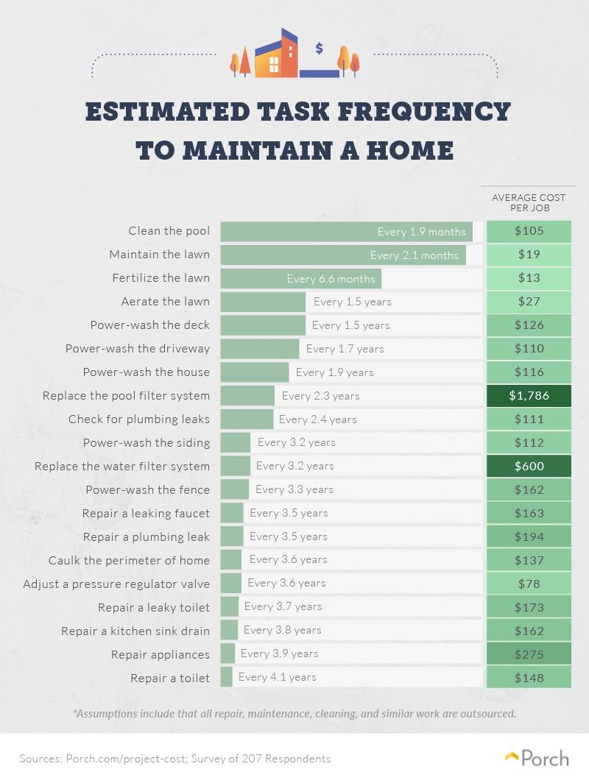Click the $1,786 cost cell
pos(528,396)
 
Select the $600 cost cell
pos(528,467)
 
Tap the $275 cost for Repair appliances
pos(528,654)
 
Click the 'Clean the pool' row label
pos(169,231)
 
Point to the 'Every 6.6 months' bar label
pos(331,279)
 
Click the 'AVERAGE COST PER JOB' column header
pos(528,202)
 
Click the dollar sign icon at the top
pos(319,49)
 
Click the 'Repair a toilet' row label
pos(169,678)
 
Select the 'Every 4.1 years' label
pos(277,677)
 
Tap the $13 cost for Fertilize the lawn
pos(528,278)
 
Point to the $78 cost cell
pos(528,584)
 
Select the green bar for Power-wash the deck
pos(263,325)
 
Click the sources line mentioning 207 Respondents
pos(175,759)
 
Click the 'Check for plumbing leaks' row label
pos(139,419)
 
